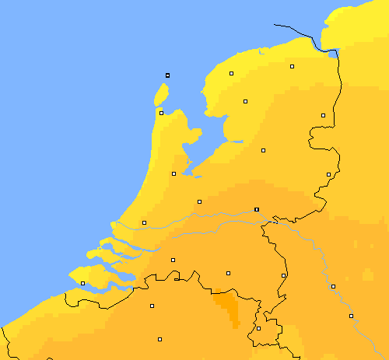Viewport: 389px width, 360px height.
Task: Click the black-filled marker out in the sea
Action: pyautogui.click(x=167, y=75)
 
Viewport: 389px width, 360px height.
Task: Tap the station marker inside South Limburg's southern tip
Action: pyautogui.click(x=258, y=328)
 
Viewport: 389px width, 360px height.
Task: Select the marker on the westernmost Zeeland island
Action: pyautogui.click(x=82, y=283)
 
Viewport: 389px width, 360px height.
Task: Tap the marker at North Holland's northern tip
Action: pyautogui.click(x=161, y=113)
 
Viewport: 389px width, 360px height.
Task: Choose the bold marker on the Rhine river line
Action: pyautogui.click(x=257, y=209)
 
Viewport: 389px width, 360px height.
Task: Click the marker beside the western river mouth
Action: pyautogui.click(x=144, y=223)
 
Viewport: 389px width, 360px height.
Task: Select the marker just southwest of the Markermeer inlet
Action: pyautogui.click(x=173, y=173)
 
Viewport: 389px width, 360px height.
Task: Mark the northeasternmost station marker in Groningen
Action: pyautogui.click(x=293, y=67)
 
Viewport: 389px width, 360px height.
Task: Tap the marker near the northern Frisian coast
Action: pyautogui.click(x=231, y=74)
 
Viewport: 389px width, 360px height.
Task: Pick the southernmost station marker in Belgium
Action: pyautogui.click(x=159, y=339)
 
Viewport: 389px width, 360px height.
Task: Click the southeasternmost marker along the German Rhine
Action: pyautogui.click(x=351, y=316)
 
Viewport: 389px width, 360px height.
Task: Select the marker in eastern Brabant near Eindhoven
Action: pyautogui.click(x=228, y=273)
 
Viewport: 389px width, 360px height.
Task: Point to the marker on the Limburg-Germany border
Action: pyautogui.click(x=283, y=275)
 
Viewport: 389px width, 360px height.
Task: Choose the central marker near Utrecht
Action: pyautogui.click(x=199, y=201)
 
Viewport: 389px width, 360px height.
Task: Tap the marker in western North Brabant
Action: pyautogui.click(x=173, y=260)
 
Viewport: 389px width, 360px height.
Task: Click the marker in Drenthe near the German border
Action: pyautogui.click(x=323, y=115)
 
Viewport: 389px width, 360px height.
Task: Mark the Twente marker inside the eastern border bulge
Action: pyautogui.click(x=328, y=174)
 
